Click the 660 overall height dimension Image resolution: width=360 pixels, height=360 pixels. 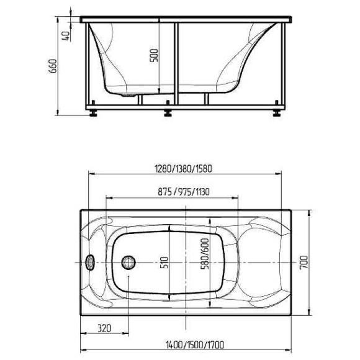(53, 66)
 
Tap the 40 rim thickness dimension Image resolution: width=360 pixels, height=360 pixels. (66, 35)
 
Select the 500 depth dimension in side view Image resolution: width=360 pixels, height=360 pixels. (154, 55)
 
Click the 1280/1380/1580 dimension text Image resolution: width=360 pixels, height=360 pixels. (184, 169)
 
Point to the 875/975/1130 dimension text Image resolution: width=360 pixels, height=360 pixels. (184, 192)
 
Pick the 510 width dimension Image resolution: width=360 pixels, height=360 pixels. (164, 262)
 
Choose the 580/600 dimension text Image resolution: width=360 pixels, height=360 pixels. (205, 254)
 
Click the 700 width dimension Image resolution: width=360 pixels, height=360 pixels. (304, 262)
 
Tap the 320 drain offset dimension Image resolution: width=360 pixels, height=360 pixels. (104, 328)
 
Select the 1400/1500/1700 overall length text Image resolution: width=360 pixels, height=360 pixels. (195, 344)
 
